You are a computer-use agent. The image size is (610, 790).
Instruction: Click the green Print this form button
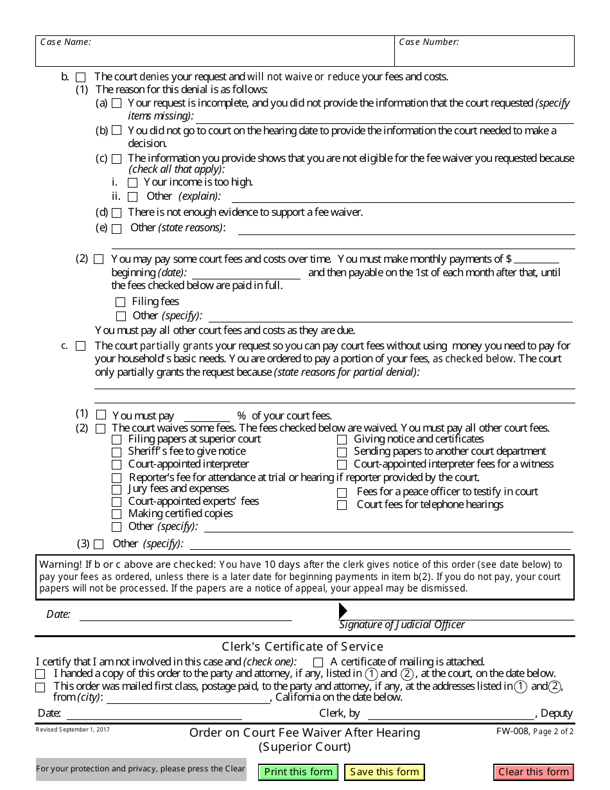click(x=299, y=772)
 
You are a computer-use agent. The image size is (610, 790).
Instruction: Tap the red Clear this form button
click(x=534, y=772)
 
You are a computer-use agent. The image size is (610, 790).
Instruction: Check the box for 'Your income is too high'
click(x=133, y=183)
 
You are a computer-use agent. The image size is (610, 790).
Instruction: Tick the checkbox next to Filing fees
click(x=121, y=302)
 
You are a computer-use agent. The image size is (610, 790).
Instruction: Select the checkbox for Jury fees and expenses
click(x=116, y=490)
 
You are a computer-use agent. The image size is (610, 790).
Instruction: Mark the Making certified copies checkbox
click(x=116, y=514)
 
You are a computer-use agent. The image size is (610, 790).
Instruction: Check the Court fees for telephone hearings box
click(x=342, y=505)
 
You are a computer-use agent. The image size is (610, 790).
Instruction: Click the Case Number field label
click(x=429, y=42)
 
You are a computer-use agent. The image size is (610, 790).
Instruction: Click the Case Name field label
click(x=65, y=42)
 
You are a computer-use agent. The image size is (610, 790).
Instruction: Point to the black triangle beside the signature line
click(x=343, y=610)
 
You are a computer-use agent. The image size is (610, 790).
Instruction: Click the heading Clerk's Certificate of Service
click(x=302, y=647)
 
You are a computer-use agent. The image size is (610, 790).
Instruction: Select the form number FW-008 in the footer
click(x=512, y=732)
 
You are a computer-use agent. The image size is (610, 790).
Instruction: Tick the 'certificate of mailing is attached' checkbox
click(x=318, y=662)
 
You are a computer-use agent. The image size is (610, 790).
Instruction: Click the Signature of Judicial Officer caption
click(x=402, y=624)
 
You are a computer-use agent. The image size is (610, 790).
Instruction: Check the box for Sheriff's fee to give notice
click(x=116, y=452)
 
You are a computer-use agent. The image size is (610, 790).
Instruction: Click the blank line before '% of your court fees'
click(x=207, y=416)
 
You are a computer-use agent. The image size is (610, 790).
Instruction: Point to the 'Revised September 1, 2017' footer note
click(x=73, y=730)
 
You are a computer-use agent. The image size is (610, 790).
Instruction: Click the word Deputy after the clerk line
click(x=557, y=713)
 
